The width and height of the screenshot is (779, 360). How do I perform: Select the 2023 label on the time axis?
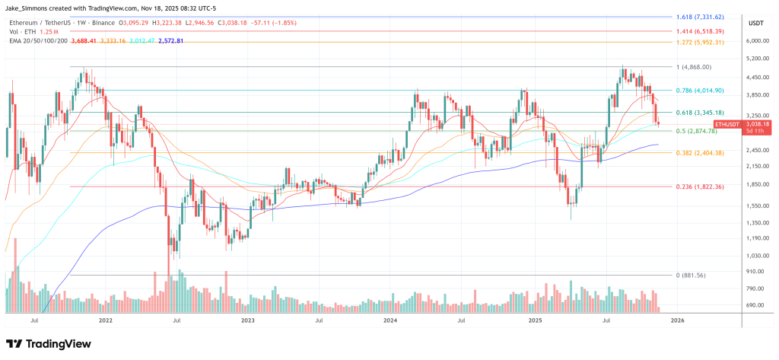pyautogui.click(x=248, y=321)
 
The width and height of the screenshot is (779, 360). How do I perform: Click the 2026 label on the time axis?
pyautogui.click(x=676, y=321)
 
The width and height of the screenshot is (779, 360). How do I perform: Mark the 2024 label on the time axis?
pyautogui.click(x=390, y=321)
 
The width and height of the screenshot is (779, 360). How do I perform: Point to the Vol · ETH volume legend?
pyautogui.click(x=23, y=31)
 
